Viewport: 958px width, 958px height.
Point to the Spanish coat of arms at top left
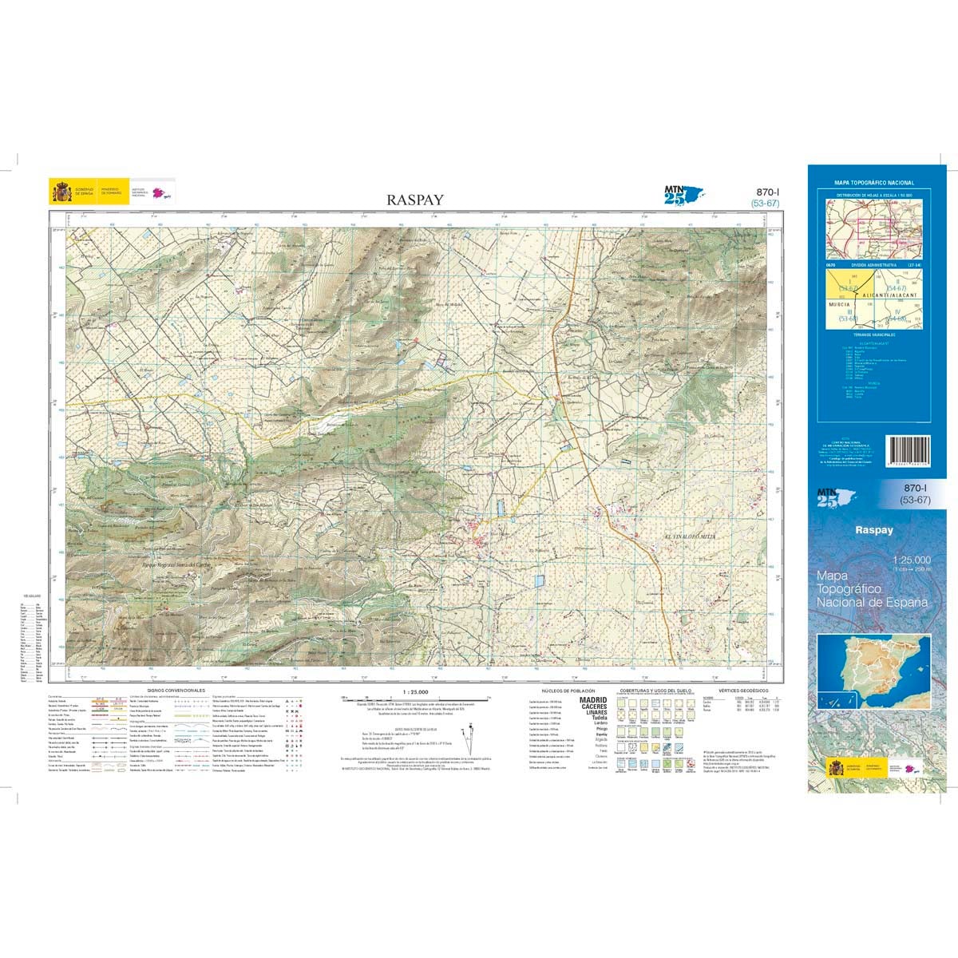coord(61,192)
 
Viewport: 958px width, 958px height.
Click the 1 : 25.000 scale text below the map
coord(416,691)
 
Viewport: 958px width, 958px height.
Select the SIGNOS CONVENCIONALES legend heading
coord(176,690)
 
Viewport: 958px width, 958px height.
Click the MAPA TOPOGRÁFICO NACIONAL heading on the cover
coord(873,183)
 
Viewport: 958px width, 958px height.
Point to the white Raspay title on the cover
coord(874,529)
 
